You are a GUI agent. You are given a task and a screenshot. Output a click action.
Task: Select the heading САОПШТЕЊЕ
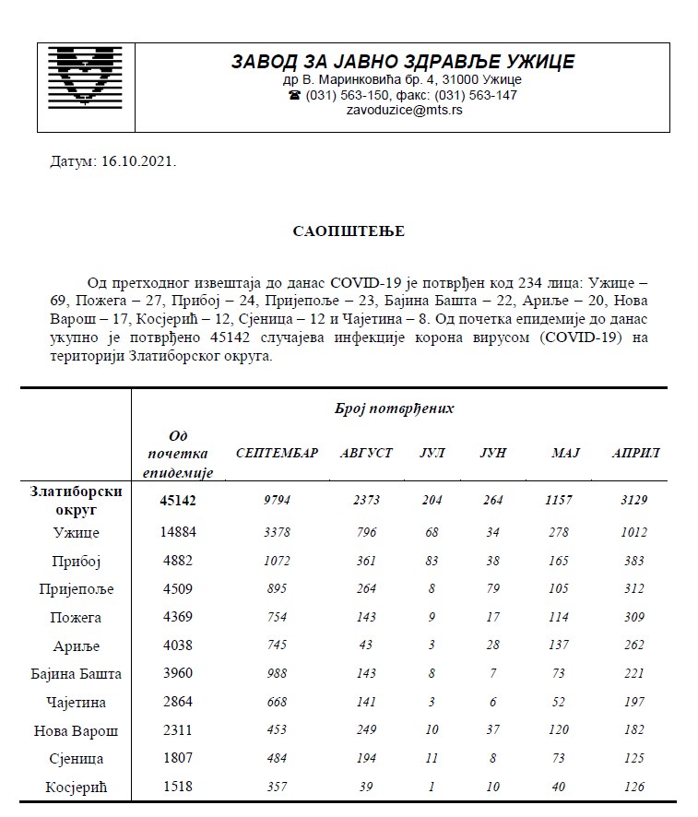pyautogui.click(x=349, y=231)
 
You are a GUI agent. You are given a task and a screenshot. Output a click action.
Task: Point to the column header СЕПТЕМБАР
pyautogui.click(x=278, y=454)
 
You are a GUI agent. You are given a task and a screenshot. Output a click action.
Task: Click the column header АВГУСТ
pyautogui.click(x=366, y=454)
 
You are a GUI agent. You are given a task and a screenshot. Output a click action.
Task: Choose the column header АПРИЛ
pyautogui.click(x=635, y=454)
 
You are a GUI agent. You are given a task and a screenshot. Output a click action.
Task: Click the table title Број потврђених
pyautogui.click(x=394, y=408)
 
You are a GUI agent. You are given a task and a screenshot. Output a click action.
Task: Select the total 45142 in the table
pyautogui.click(x=173, y=500)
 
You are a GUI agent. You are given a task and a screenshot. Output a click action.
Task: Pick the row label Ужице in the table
pyautogui.click(x=76, y=532)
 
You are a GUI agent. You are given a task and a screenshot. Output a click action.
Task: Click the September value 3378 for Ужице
pyautogui.click(x=278, y=532)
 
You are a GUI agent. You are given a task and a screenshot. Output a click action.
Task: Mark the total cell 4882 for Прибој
pyautogui.click(x=173, y=561)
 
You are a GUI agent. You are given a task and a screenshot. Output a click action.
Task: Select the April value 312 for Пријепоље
pyautogui.click(x=635, y=588)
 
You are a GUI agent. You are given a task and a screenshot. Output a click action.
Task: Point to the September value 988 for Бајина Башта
pyautogui.click(x=278, y=674)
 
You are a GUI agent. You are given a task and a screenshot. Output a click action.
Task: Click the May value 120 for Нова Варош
pyautogui.click(x=560, y=730)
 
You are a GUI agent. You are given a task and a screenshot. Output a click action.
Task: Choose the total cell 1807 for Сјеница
pyautogui.click(x=173, y=759)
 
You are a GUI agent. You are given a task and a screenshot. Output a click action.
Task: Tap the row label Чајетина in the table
pyautogui.click(x=76, y=702)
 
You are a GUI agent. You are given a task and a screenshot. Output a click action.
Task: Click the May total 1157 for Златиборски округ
pyautogui.click(x=560, y=500)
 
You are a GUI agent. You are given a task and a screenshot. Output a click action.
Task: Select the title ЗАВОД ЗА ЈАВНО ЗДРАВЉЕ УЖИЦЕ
pyautogui.click(x=403, y=62)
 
